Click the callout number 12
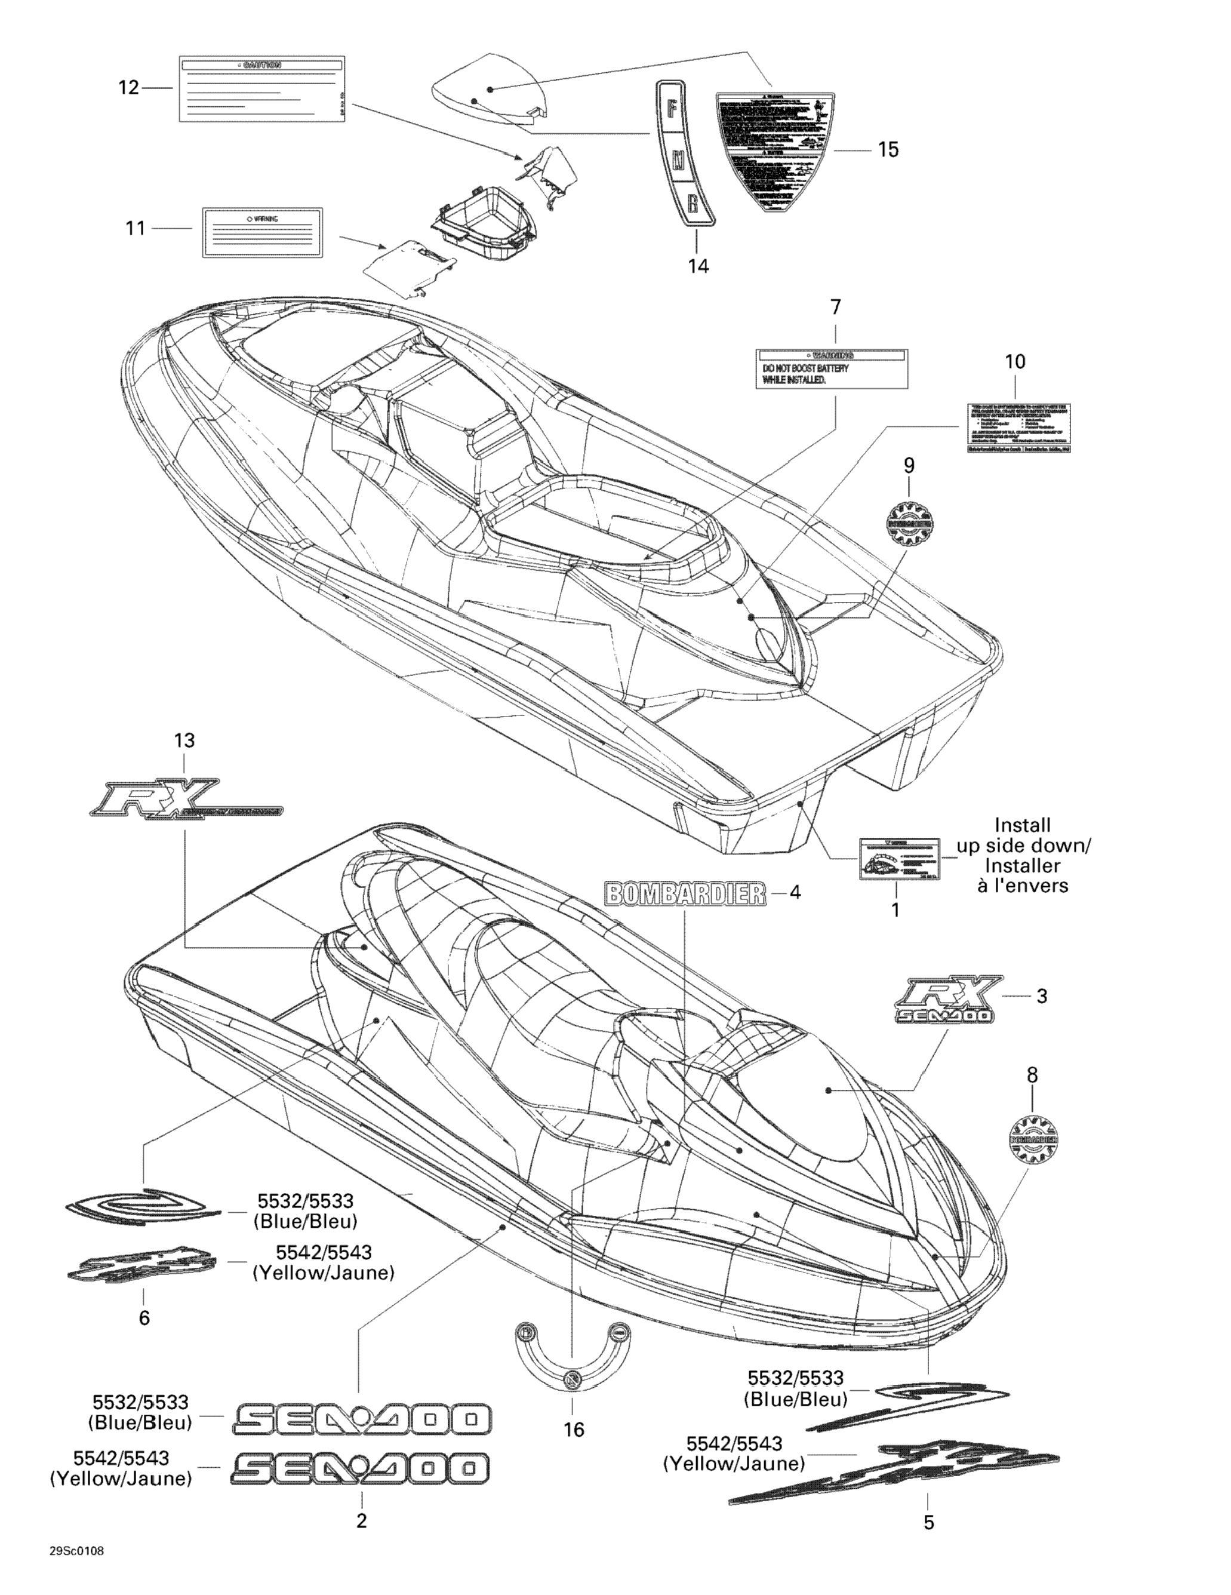[x=128, y=88]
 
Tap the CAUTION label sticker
[x=262, y=88]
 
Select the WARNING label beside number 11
[x=262, y=232]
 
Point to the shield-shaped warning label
[x=775, y=150]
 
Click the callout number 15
[x=888, y=150]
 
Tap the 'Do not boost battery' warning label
[x=832, y=369]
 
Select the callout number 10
[x=1015, y=361]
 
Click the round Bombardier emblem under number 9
[x=909, y=523]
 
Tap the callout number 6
[x=144, y=1317]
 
